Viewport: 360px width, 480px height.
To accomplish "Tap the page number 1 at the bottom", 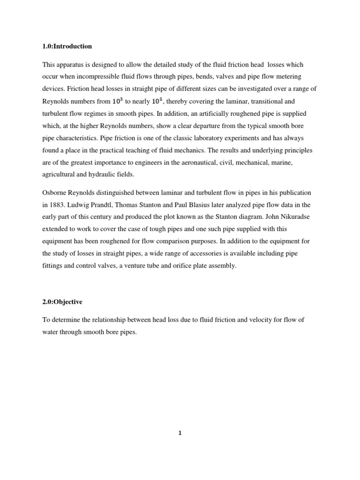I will tap(180, 433).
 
